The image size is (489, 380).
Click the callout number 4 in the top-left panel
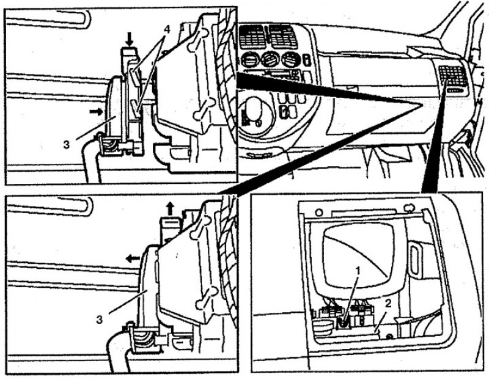pyautogui.click(x=167, y=29)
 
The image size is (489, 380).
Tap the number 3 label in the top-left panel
pyautogui.click(x=66, y=145)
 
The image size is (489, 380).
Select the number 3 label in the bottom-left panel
pyautogui.click(x=99, y=320)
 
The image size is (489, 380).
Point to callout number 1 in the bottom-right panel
pyautogui.click(x=358, y=271)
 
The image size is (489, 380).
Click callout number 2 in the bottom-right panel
pyautogui.click(x=388, y=303)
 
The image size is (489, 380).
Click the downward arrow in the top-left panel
pyautogui.click(x=130, y=39)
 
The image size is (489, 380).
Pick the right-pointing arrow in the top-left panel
pyautogui.click(x=97, y=111)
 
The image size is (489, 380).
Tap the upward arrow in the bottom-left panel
pyautogui.click(x=170, y=208)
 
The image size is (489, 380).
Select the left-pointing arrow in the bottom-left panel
pyautogui.click(x=133, y=258)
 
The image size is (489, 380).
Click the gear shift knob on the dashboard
pyautogui.click(x=254, y=108)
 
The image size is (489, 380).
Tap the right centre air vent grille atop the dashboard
pyautogui.click(x=282, y=37)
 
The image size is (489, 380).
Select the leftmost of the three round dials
pyautogui.click(x=249, y=60)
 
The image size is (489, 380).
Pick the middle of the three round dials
pyautogui.click(x=269, y=60)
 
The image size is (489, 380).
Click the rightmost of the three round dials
pyautogui.click(x=290, y=60)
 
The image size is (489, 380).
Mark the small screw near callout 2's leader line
pyautogui.click(x=389, y=337)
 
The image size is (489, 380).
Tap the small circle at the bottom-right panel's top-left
pyautogui.click(x=318, y=213)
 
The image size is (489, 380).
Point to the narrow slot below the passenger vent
pyautogui.click(x=456, y=90)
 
